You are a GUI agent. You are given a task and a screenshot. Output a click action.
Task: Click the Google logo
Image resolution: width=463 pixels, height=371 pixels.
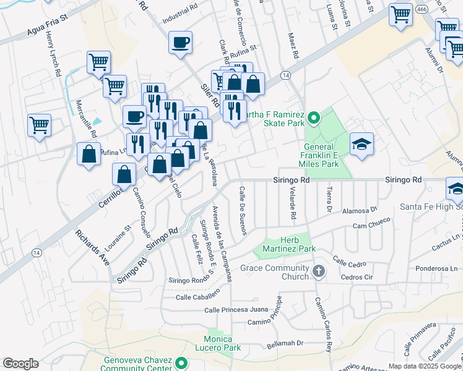[20, 364]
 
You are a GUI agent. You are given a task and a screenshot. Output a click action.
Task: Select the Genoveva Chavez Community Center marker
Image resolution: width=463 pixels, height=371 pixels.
[181, 364]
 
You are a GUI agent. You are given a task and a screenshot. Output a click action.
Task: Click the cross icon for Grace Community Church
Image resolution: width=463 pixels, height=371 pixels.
[318, 271]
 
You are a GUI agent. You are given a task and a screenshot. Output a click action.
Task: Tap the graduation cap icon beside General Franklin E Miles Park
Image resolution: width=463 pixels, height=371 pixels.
[361, 144]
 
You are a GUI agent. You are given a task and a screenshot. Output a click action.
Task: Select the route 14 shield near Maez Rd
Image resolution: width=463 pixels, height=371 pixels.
[285, 75]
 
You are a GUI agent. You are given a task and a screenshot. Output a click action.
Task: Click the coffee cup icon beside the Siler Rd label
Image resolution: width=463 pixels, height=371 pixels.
[180, 43]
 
